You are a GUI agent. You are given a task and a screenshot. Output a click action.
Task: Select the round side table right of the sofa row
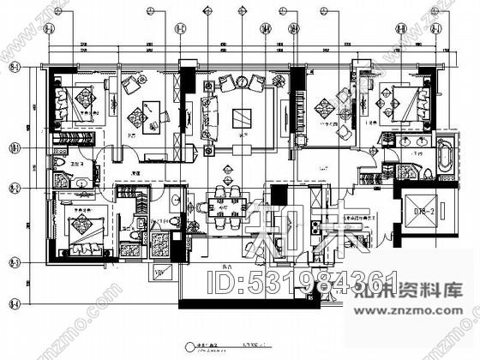pos(278,81)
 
